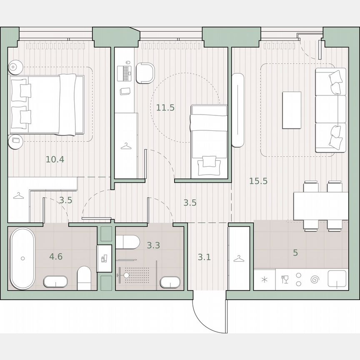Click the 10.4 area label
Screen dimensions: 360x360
coord(55,159)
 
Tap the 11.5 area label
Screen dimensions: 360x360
coord(165,107)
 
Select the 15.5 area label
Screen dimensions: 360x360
coord(258,181)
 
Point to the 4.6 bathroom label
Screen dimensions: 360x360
coord(55,256)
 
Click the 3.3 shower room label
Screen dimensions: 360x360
coord(153,245)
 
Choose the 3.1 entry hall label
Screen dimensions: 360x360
coord(204,257)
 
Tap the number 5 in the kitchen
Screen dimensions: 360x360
coord(295,252)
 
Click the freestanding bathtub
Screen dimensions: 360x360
coord(22,258)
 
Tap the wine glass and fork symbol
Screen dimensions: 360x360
coord(285,279)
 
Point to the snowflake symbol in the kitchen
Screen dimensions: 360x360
coord(265,280)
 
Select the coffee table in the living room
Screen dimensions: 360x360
coord(292,110)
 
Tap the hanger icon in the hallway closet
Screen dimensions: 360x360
coord(238,260)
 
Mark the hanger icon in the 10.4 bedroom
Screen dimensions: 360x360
coord(18,196)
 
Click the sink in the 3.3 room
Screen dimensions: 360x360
coord(170,282)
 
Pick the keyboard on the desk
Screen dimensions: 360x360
coord(126,73)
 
